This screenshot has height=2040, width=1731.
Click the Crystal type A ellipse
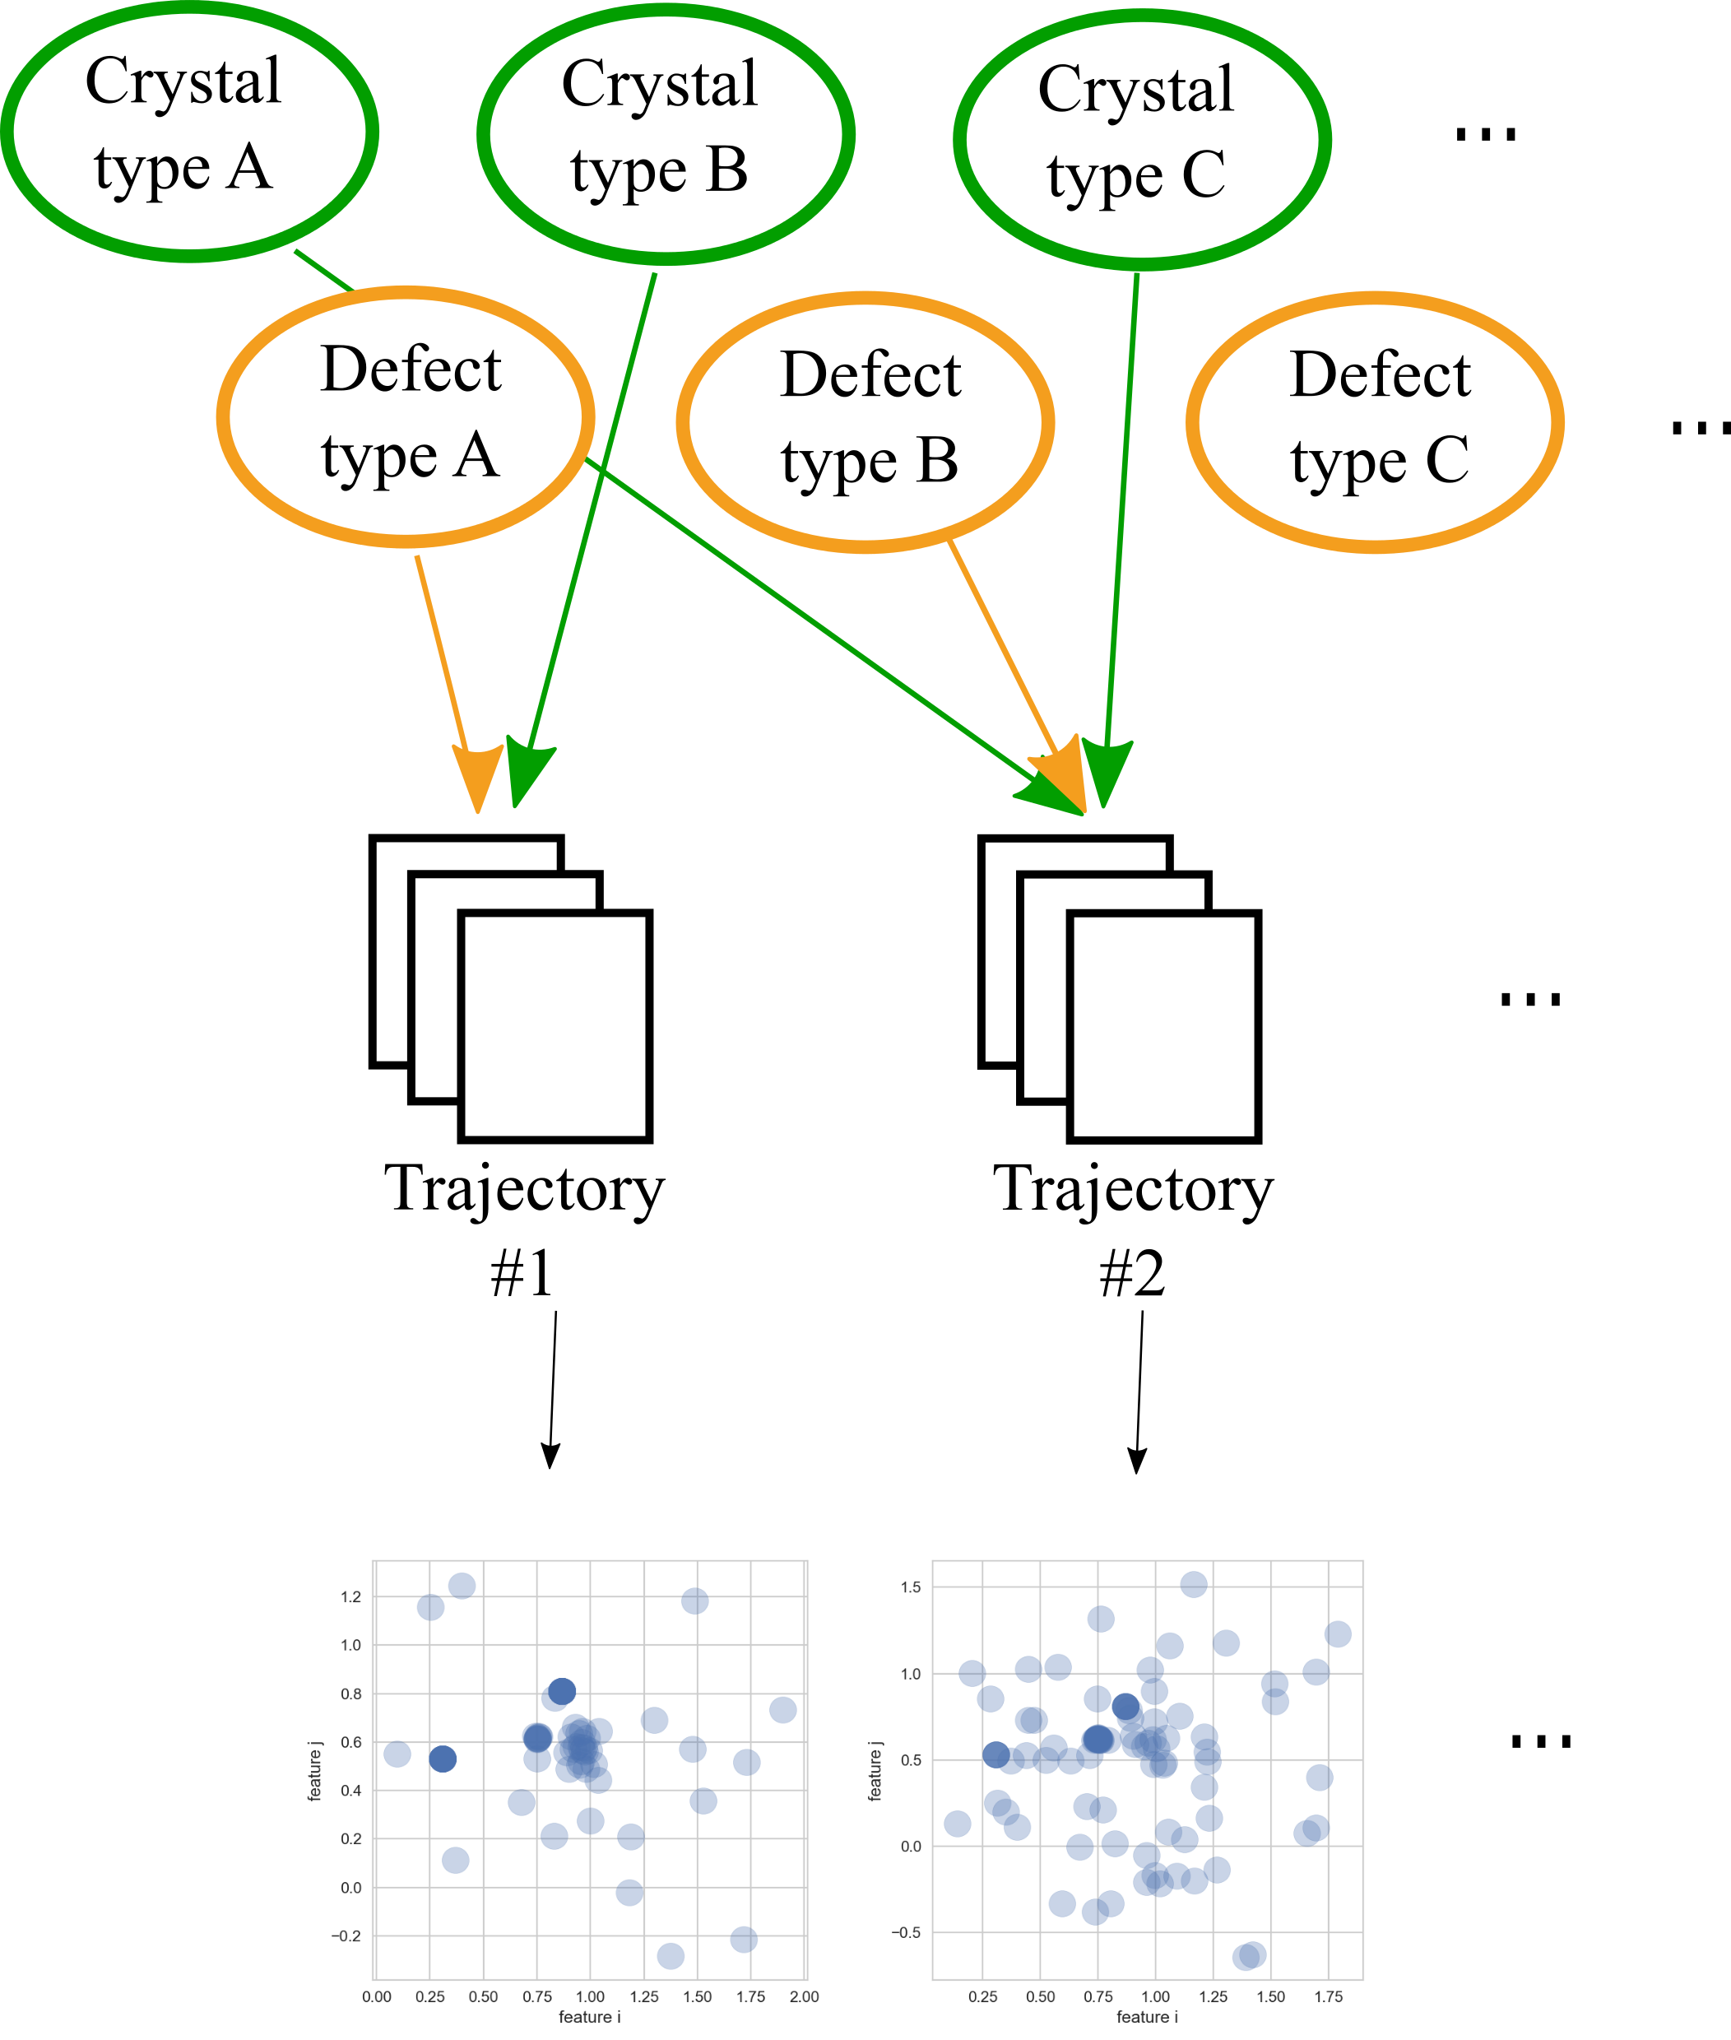tap(188, 131)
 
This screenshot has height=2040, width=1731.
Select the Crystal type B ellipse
tap(666, 134)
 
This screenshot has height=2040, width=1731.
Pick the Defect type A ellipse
tap(406, 416)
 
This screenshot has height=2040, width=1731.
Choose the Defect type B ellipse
tap(865, 422)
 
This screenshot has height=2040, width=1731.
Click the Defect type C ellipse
tap(1374, 422)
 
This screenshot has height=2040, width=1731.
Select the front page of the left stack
tap(555, 1026)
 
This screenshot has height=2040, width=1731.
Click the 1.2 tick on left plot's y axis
tap(350, 1597)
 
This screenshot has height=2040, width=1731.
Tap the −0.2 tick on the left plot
tap(346, 1936)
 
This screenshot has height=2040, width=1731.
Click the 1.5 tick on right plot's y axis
tap(910, 1587)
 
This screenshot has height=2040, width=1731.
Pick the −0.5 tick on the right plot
tap(905, 1932)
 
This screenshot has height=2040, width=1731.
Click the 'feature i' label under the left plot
tap(590, 2016)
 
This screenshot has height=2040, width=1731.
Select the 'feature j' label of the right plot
tap(875, 1771)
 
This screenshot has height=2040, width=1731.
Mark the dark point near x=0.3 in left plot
tap(443, 1759)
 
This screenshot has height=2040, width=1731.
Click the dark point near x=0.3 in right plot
tap(995, 1754)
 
